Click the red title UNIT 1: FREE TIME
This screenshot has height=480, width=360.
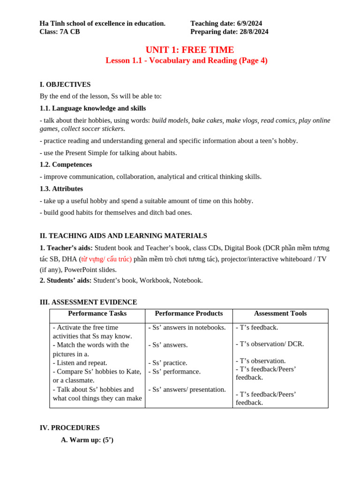(x=189, y=50)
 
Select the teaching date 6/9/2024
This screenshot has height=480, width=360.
(x=249, y=23)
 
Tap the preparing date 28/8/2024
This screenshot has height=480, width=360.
(x=253, y=32)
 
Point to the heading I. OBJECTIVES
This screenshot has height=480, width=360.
(x=65, y=84)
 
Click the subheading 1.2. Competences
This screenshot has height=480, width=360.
(x=66, y=165)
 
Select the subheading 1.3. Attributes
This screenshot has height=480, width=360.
(x=61, y=188)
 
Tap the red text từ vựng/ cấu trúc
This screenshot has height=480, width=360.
(x=106, y=259)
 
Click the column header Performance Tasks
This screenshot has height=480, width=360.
(x=97, y=314)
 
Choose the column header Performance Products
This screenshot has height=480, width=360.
(x=188, y=314)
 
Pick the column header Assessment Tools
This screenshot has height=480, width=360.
(x=280, y=314)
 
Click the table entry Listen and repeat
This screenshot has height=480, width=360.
(x=80, y=363)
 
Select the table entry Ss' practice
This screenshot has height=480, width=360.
(x=168, y=363)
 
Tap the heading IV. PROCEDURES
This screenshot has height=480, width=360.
(x=69, y=427)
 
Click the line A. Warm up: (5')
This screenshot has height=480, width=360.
(x=87, y=440)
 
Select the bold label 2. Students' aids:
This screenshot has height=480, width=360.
(x=66, y=280)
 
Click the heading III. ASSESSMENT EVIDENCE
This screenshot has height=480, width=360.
(x=88, y=302)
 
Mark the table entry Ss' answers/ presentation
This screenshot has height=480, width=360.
(x=187, y=390)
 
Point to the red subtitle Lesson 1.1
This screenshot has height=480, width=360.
(x=186, y=60)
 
